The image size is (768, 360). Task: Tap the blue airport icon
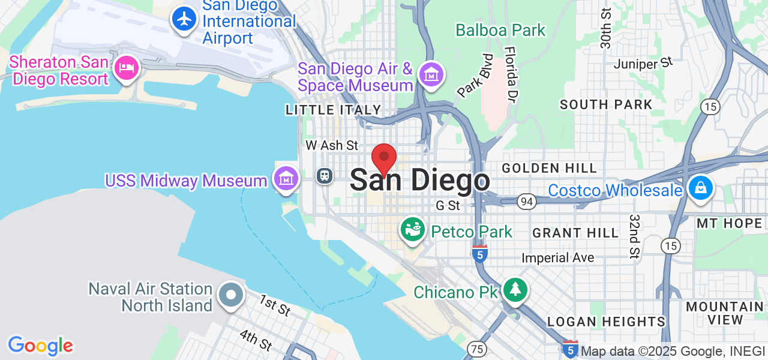pos(184,19)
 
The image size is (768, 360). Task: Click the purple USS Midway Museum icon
pos(286,178)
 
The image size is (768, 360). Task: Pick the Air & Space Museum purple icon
pos(431,75)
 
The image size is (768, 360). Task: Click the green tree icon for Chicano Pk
pos(515,290)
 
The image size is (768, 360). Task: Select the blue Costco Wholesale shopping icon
pos(700,188)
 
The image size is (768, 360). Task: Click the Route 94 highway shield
pos(527,202)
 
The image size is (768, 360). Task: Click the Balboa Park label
pos(500,30)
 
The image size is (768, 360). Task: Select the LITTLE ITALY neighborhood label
pos(334,110)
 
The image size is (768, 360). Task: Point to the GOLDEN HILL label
pos(549,169)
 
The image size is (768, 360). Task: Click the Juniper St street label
pos(643,62)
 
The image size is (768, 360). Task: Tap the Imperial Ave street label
pos(558,258)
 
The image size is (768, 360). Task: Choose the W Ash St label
pos(332,145)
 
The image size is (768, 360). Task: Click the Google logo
pos(40,346)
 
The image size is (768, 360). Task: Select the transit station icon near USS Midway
pos(325,176)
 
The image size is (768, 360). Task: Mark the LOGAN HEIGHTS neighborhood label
pos(606,322)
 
